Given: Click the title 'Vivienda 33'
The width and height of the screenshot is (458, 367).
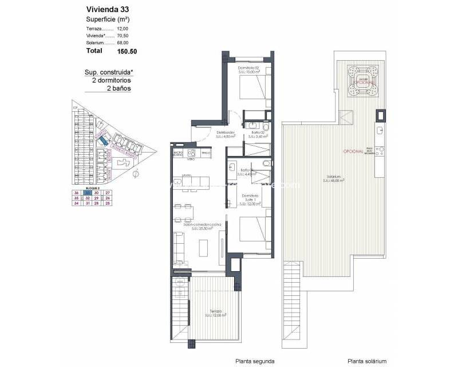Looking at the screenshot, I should pyautogui.click(x=105, y=9).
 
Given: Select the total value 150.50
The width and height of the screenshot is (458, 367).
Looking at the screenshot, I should pyautogui.click(x=128, y=51).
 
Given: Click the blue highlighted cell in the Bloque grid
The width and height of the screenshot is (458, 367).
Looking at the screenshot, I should pyautogui.click(x=88, y=193).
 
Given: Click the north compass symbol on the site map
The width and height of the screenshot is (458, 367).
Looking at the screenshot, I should pyautogui.click(x=135, y=174).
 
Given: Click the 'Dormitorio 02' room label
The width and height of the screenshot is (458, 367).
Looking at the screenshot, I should pyautogui.click(x=248, y=68).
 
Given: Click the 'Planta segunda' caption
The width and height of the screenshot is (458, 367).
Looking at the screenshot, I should pyautogui.click(x=255, y=361).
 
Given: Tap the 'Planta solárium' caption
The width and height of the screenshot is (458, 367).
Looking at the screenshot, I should pyautogui.click(x=366, y=361).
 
